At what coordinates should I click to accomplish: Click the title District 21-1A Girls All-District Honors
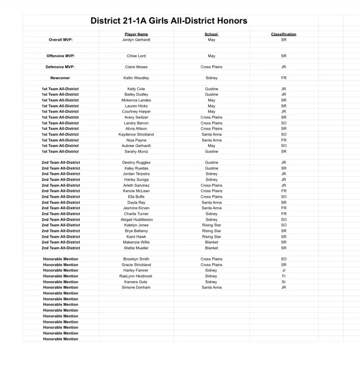(x=169, y=21)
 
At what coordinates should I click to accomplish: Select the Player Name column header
(x=136, y=34)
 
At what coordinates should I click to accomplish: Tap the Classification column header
(x=283, y=34)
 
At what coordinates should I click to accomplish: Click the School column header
(x=211, y=34)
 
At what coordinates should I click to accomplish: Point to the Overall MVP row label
(x=61, y=40)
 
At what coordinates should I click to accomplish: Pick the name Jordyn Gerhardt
(x=136, y=40)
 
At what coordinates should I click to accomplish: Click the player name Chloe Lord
(x=136, y=56)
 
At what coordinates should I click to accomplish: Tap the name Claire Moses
(x=136, y=67)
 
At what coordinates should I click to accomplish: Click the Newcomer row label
(x=60, y=78)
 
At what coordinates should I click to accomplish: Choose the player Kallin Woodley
(x=136, y=78)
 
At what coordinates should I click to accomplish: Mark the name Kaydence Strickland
(x=136, y=134)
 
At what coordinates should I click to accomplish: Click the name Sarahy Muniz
(x=136, y=152)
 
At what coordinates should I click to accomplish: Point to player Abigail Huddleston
(x=137, y=220)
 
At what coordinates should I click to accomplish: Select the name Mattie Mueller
(x=136, y=248)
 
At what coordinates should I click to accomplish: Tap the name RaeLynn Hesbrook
(x=136, y=276)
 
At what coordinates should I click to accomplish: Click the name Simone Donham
(x=136, y=287)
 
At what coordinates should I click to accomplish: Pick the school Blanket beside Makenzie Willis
(x=212, y=242)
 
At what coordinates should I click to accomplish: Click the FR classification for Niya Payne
(x=284, y=140)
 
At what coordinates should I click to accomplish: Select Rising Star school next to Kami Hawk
(x=212, y=237)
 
